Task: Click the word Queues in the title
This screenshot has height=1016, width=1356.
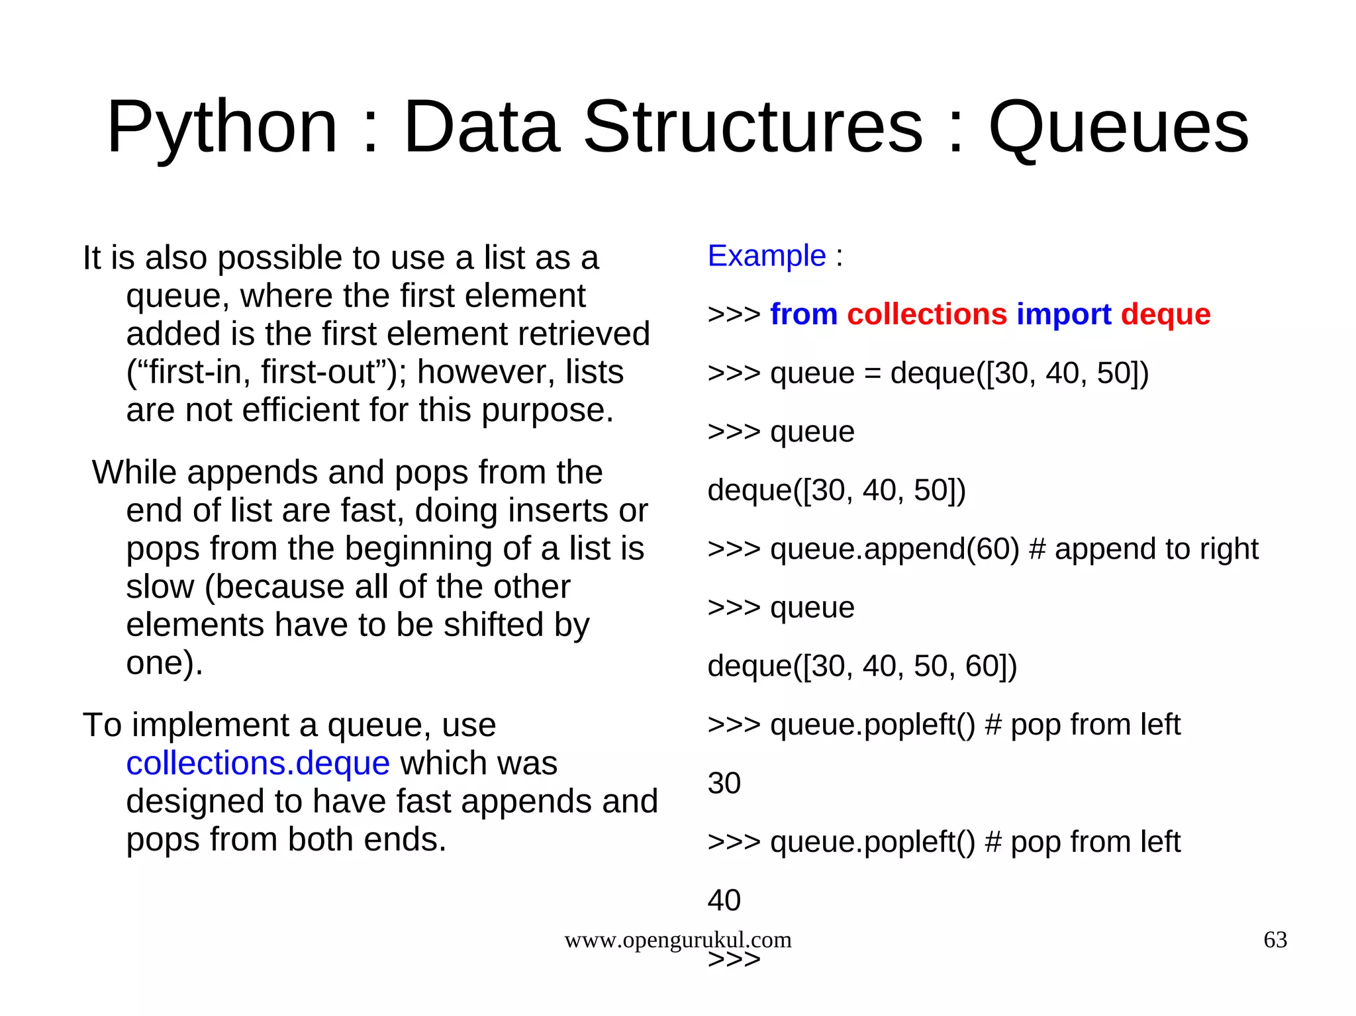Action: (x=1118, y=127)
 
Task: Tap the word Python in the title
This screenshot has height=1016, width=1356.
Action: (x=222, y=127)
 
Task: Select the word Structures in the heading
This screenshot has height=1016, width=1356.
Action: (x=753, y=127)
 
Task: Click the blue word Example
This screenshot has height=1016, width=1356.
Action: (x=767, y=256)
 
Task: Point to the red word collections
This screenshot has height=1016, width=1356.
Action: (x=927, y=314)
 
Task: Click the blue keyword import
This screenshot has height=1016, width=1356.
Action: (x=1064, y=314)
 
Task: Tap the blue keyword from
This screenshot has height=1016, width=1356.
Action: (x=804, y=314)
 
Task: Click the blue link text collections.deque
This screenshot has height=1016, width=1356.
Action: (x=258, y=763)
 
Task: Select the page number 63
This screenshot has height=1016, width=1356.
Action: (x=1275, y=940)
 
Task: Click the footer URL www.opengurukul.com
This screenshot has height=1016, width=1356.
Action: (x=677, y=940)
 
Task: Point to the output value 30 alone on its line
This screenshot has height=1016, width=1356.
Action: (x=724, y=784)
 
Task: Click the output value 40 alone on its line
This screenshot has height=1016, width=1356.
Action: (x=724, y=901)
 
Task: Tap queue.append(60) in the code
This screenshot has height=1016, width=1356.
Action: (x=895, y=549)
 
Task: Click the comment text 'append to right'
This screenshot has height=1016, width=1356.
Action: (x=1156, y=549)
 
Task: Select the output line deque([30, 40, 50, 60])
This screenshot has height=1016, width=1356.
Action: (x=862, y=667)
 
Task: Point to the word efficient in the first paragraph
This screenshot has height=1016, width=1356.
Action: (x=301, y=410)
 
